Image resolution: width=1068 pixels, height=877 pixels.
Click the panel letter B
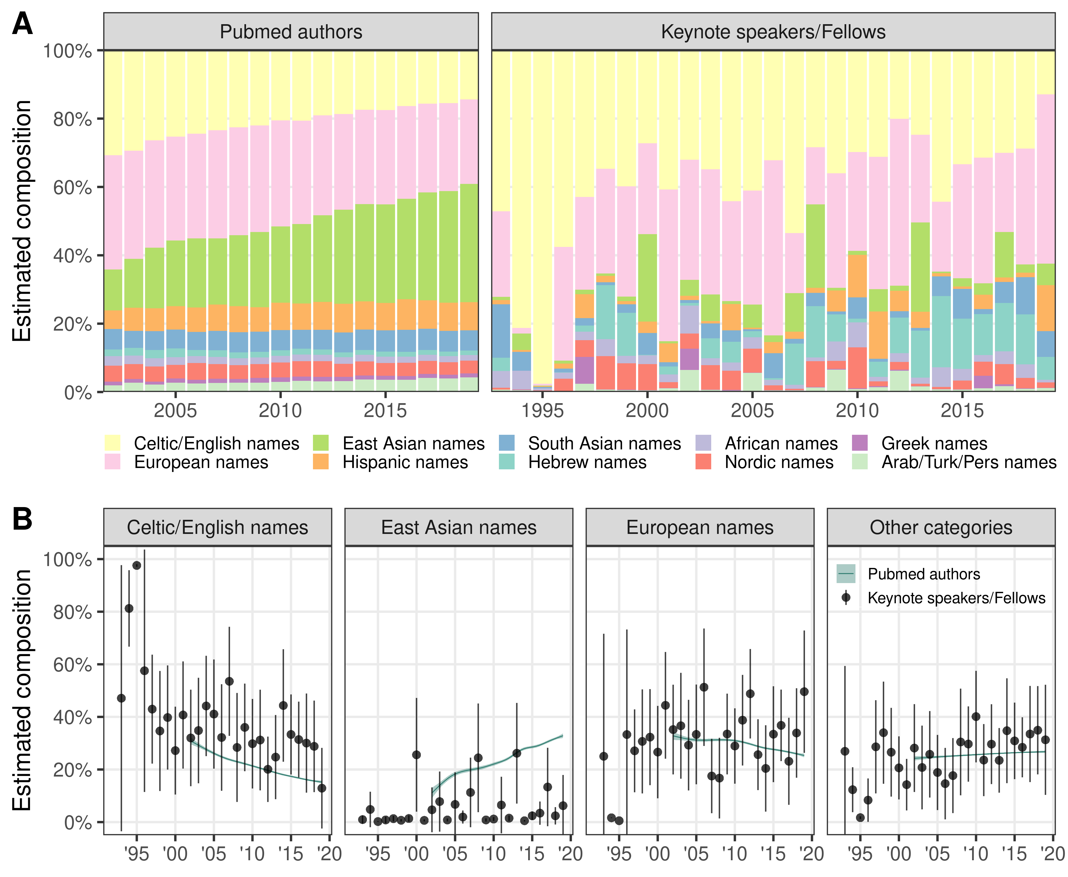pyautogui.click(x=22, y=519)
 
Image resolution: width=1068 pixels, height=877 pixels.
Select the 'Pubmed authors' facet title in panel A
pyautogui.click(x=291, y=32)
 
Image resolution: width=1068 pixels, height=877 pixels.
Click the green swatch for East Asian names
pyautogui.click(x=321, y=443)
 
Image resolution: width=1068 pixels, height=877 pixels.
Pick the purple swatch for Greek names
pyautogui.click(x=859, y=443)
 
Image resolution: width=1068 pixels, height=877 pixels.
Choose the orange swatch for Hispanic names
pyautogui.click(x=321, y=462)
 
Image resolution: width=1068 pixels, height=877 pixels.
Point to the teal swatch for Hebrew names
pyautogui.click(x=506, y=462)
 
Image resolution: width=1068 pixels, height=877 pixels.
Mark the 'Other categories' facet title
pyautogui.click(x=941, y=528)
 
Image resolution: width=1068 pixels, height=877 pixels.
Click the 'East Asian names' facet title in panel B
pyautogui.click(x=459, y=528)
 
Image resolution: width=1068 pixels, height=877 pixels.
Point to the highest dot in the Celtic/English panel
pyautogui.click(x=136, y=565)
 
